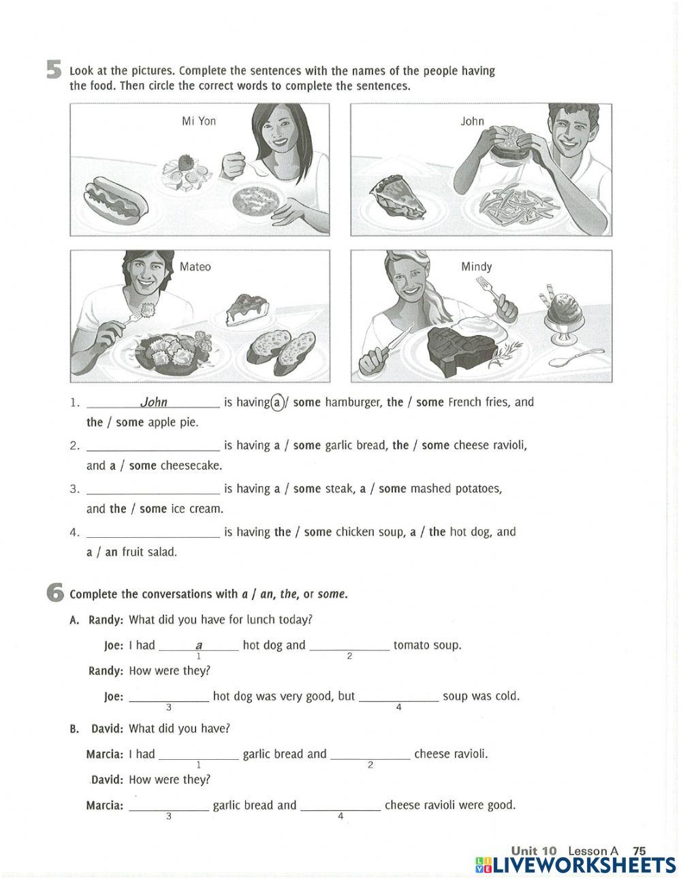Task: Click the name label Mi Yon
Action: click(199, 121)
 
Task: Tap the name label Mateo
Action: click(195, 267)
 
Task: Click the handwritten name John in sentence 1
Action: click(153, 402)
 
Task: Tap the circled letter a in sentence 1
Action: click(276, 402)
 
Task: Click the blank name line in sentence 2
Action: click(153, 447)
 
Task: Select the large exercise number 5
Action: click(54, 70)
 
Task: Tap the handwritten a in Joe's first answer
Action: click(199, 645)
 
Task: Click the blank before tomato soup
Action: click(349, 645)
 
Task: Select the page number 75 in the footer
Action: click(639, 850)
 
